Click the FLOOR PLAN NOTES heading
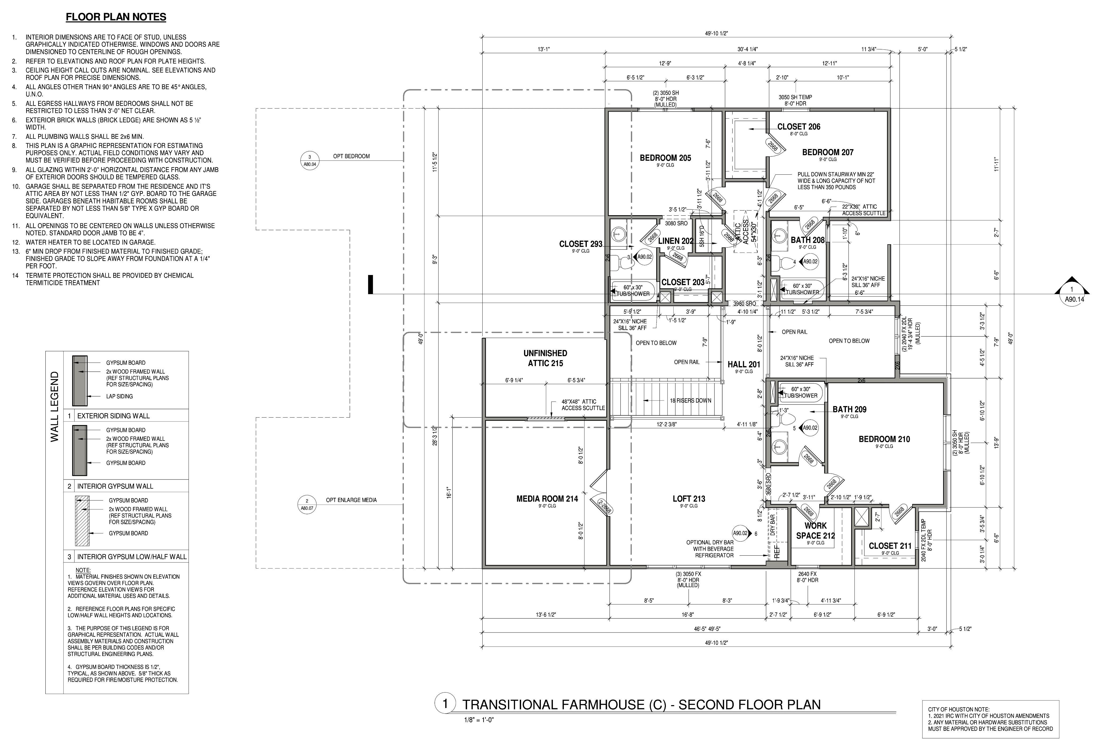pyautogui.click(x=116, y=17)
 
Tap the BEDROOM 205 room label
pyautogui.click(x=665, y=158)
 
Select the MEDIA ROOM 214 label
pyautogui.click(x=547, y=499)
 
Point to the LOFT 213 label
pyautogui.click(x=689, y=499)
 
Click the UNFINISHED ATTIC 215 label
pyautogui.click(x=545, y=358)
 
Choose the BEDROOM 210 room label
pyautogui.click(x=884, y=439)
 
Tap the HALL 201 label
pyautogui.click(x=744, y=364)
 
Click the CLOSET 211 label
pyautogui.click(x=890, y=546)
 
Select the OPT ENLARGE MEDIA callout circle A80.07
pyautogui.click(x=307, y=504)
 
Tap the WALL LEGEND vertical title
pyautogui.click(x=54, y=407)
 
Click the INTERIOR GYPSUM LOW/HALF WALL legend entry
pyautogui.click(x=132, y=557)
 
